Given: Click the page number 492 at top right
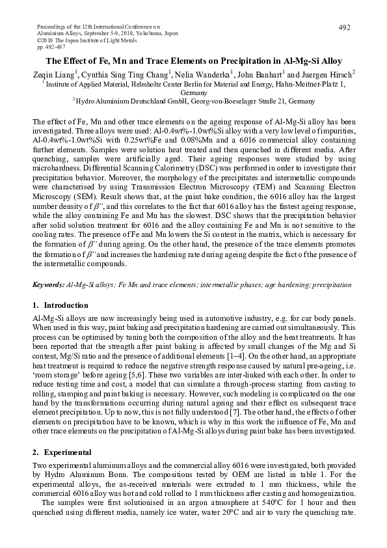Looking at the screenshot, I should [x=345, y=27].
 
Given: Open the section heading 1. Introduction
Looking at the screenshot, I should [x=60, y=305].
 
